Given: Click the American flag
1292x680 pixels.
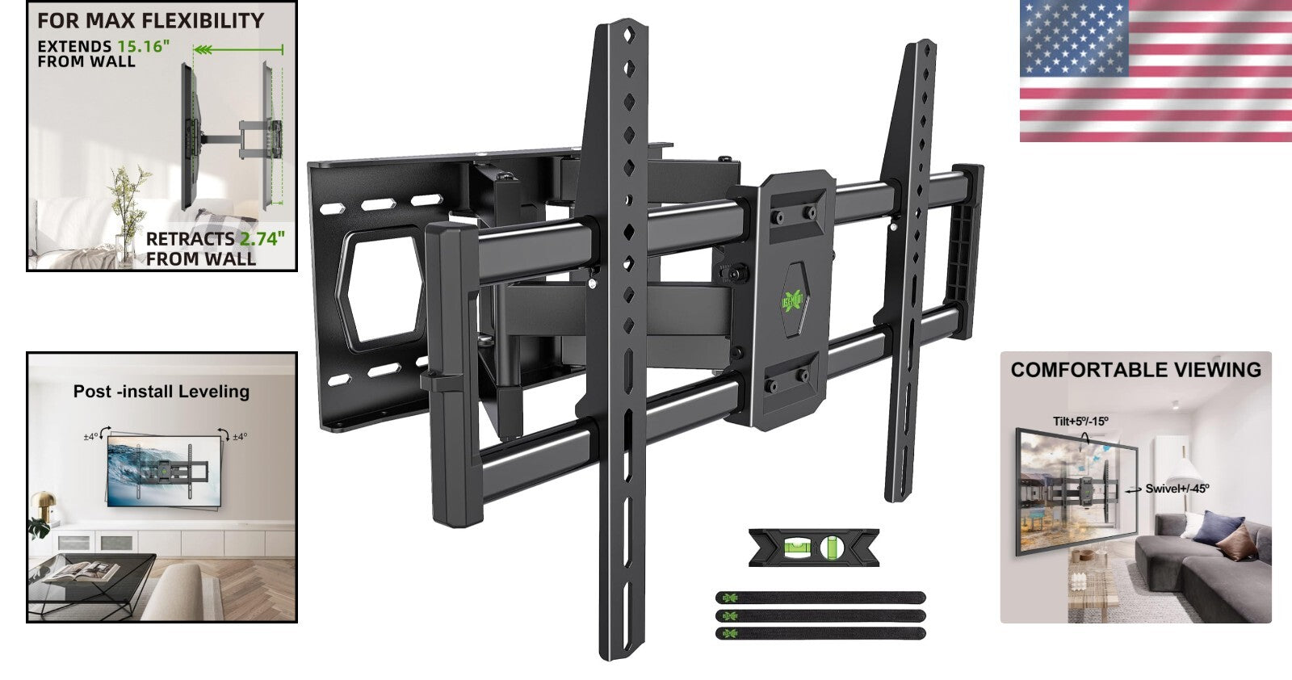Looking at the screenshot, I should pos(1155,71).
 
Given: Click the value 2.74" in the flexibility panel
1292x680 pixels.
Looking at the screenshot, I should pos(262,239).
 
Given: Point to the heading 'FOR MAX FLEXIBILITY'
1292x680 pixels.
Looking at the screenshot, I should pos(151,21).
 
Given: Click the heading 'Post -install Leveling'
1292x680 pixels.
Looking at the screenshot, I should pos(161,392).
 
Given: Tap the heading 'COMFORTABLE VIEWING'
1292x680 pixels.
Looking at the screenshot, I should pos(1135,370).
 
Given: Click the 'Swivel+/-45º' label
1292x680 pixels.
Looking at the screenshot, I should pos(1177,489).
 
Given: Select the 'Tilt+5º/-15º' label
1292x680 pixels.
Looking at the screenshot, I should pos(1080,421).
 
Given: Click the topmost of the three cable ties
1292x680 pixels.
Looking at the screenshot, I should pos(820,598).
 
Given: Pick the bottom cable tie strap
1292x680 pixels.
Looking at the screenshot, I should pos(820,632).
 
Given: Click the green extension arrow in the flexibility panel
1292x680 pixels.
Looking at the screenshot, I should pos(238,50).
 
